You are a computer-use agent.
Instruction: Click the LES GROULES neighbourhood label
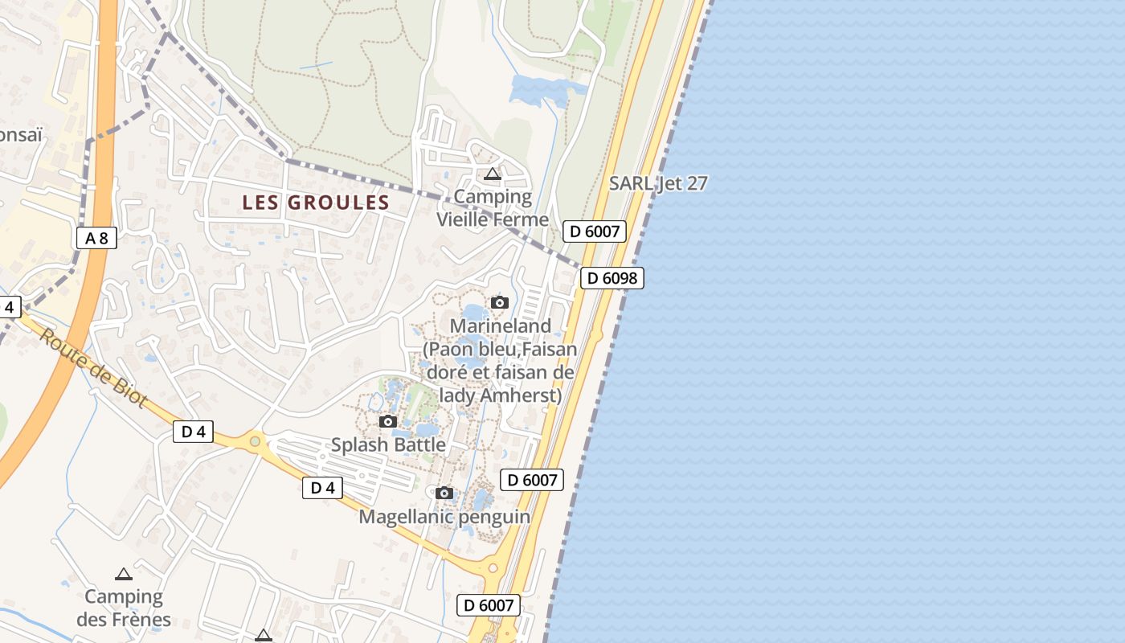[x=316, y=203]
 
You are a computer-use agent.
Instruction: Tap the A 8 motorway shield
[x=96, y=238]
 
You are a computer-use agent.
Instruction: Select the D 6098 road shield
[x=612, y=278]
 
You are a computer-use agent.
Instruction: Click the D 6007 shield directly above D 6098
[x=594, y=231]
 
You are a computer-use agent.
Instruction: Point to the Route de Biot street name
[x=92, y=368]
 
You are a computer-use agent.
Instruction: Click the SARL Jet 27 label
[x=658, y=183]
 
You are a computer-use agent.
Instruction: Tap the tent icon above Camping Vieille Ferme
[x=493, y=174]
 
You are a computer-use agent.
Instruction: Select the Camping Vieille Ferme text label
[x=493, y=208]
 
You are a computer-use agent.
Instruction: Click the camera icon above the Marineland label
[x=500, y=302]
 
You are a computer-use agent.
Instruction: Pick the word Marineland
[x=501, y=326]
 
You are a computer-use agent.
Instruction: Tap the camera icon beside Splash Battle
[x=388, y=421]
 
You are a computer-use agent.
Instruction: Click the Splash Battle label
[x=388, y=444]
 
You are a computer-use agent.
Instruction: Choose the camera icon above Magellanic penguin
[x=444, y=493]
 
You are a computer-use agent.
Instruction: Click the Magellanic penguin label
[x=444, y=517]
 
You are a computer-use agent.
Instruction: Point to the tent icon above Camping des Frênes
[x=123, y=574]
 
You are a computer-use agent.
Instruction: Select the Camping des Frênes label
[x=124, y=608]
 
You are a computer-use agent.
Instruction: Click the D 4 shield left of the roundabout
[x=194, y=432]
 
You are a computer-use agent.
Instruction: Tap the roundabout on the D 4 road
[x=256, y=440]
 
